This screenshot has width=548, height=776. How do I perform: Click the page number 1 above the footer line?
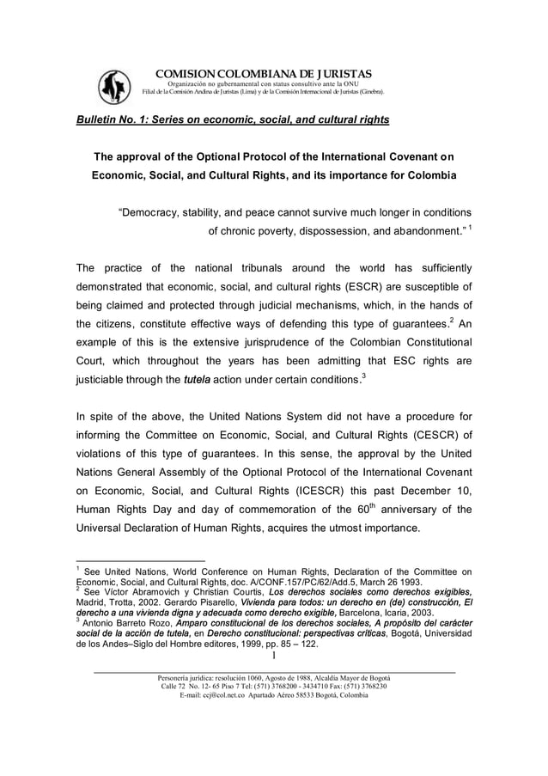coord(273,658)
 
